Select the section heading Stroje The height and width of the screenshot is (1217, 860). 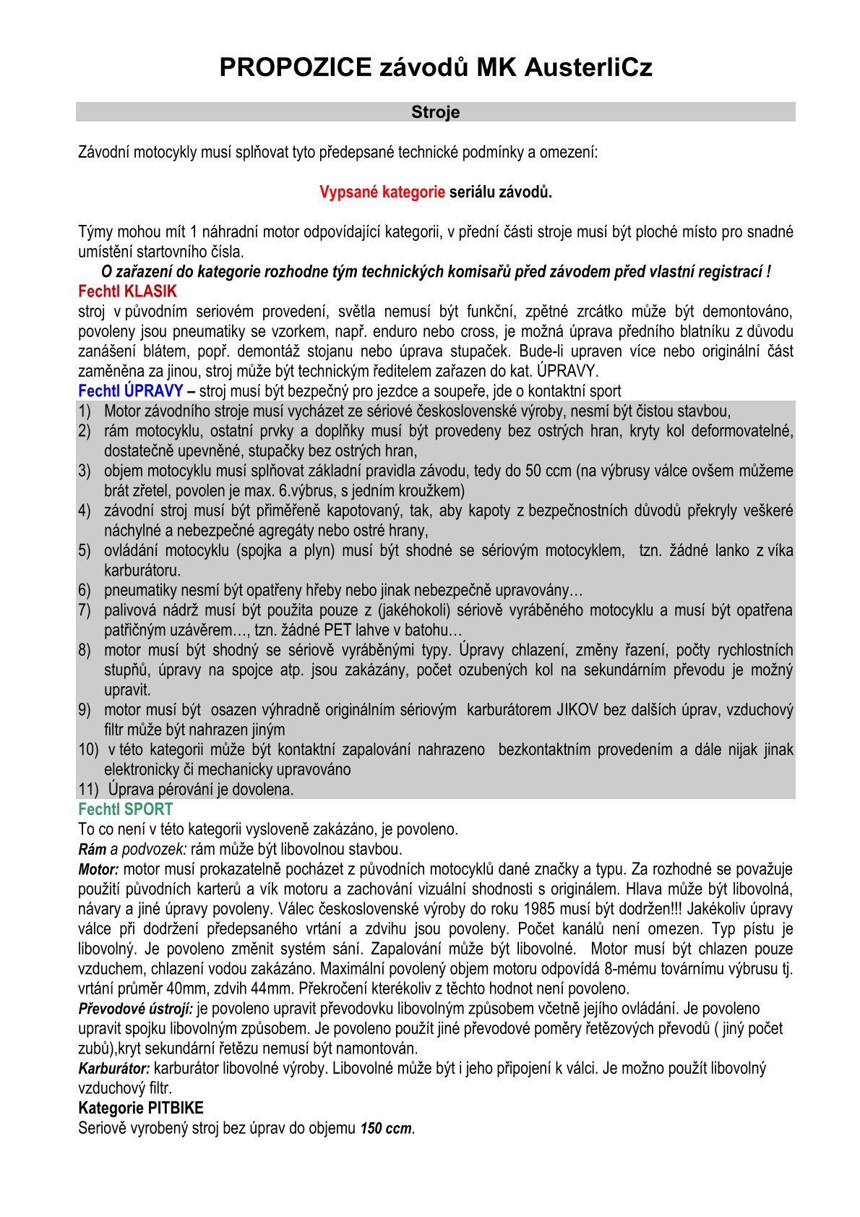click(435, 112)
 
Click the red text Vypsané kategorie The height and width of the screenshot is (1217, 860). click(382, 192)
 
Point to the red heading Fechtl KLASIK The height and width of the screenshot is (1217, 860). click(127, 291)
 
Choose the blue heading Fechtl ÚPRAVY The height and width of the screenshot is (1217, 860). click(130, 391)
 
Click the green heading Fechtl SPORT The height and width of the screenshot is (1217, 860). click(126, 809)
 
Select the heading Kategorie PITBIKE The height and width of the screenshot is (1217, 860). click(141, 1108)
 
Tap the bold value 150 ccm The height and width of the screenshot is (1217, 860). click(387, 1128)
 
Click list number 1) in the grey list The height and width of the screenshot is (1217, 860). click(85, 411)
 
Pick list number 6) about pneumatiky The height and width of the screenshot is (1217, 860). click(85, 590)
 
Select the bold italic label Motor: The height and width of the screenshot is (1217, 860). click(98, 869)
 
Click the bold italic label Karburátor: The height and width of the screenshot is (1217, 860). click(114, 1068)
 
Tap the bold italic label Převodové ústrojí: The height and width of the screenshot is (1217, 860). click(136, 1009)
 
